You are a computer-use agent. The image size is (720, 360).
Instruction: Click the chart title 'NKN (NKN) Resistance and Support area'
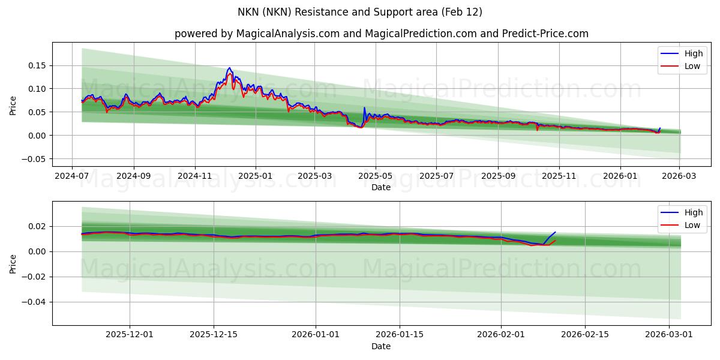click(360, 12)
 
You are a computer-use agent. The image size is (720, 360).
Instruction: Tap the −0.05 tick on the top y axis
click(35, 159)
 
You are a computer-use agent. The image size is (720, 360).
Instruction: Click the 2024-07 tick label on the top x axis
click(72, 176)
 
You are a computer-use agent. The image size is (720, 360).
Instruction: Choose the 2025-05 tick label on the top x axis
click(376, 176)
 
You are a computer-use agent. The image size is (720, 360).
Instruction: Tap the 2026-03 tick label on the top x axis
click(679, 176)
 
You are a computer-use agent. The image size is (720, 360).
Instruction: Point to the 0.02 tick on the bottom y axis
click(38, 226)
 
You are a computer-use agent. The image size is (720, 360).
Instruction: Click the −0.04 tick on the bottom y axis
click(35, 302)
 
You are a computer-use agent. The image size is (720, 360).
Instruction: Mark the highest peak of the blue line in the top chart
click(229, 68)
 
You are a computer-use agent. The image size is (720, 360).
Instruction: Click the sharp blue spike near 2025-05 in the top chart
click(364, 108)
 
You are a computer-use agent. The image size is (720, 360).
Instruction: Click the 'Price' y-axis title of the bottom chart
click(13, 263)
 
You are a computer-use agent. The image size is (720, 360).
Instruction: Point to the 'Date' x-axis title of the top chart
click(381, 187)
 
